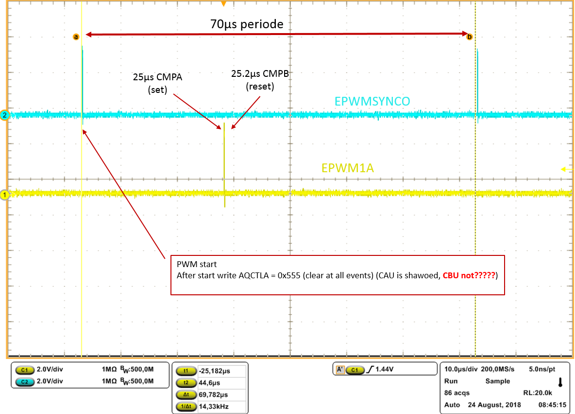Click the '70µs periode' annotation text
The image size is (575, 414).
[x=247, y=24]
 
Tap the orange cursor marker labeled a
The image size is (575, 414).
[x=76, y=37]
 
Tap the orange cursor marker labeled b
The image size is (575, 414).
[x=469, y=37]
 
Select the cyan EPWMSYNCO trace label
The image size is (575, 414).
[x=372, y=101]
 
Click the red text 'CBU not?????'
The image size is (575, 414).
[x=469, y=275]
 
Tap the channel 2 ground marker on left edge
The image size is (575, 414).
[x=5, y=115]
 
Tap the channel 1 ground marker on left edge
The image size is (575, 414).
[x=5, y=195]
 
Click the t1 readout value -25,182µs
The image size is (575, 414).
[x=214, y=371]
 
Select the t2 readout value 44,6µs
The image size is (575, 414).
[x=209, y=382]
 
